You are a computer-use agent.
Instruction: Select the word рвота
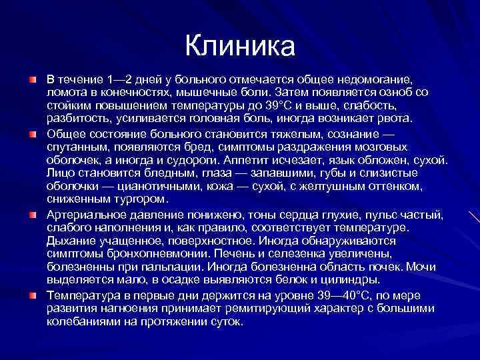[392, 119]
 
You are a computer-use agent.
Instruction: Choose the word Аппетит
[275, 160]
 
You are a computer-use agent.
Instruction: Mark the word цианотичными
[141, 187]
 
